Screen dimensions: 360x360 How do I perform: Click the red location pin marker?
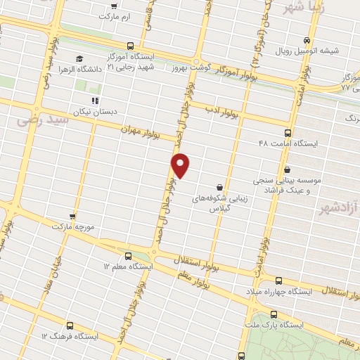pyautogui.click(x=181, y=166)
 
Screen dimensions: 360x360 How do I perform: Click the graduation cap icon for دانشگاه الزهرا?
pyautogui.click(x=79, y=58)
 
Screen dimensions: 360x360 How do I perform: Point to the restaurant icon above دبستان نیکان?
pyautogui.click(x=94, y=101)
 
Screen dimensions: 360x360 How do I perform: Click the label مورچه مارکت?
pyautogui.click(x=72, y=228)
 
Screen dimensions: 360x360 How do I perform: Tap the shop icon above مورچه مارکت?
pyautogui.click(x=72, y=217)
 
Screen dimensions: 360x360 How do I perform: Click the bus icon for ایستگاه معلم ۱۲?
pyautogui.click(x=127, y=256)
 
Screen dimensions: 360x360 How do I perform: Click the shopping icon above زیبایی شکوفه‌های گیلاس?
pyautogui.click(x=221, y=187)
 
